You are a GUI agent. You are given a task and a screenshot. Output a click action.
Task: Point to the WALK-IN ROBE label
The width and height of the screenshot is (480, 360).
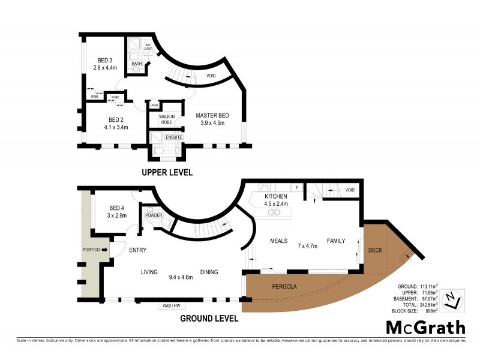(x=166, y=119)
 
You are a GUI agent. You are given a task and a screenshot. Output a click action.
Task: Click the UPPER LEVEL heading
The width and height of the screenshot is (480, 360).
(x=167, y=172)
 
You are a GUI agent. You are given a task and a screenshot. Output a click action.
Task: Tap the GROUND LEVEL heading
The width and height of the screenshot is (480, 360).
(x=209, y=319)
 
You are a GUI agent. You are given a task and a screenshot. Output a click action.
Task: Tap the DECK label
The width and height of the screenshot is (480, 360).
(x=375, y=250)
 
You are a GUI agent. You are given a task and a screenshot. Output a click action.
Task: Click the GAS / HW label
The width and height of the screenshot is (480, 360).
(x=171, y=306)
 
